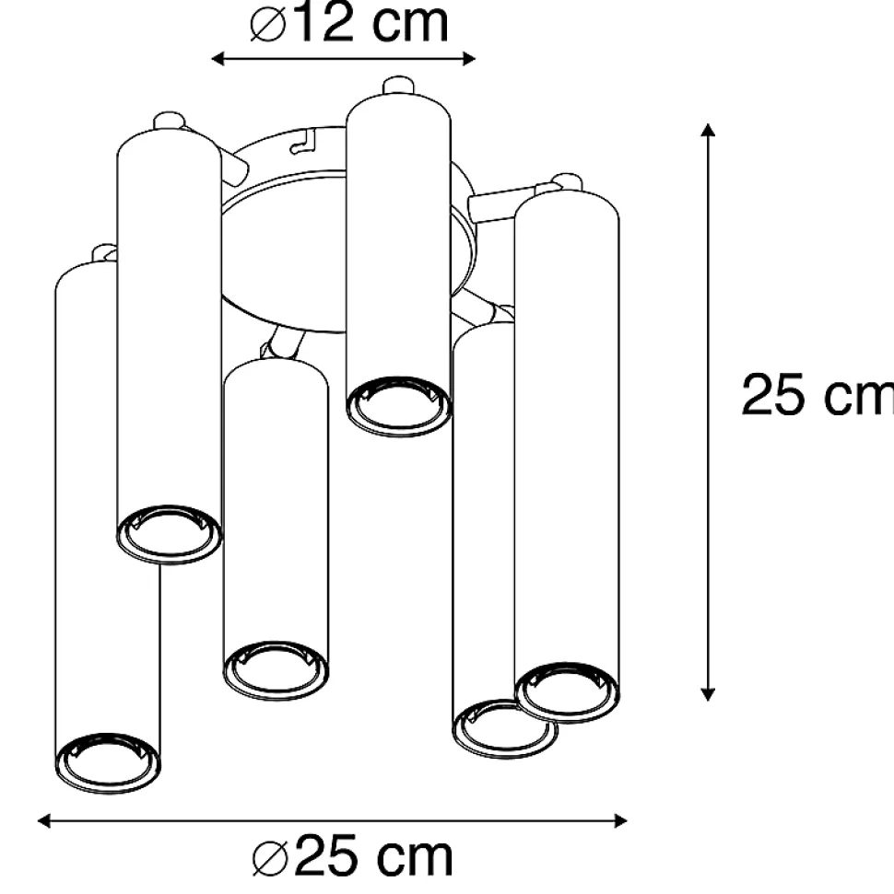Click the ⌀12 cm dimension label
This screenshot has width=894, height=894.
pos(349,23)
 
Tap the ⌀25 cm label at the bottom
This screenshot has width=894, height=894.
pos(353,856)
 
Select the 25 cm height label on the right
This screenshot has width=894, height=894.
pos(818,395)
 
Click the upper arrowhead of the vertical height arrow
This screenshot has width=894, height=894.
pos(708,130)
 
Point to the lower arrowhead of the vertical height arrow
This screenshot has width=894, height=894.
pos(708,694)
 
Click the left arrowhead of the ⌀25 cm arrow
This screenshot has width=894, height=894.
pos(44,821)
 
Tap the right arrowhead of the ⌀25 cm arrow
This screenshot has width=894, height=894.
pos(620,821)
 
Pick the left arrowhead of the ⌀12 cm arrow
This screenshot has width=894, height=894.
pos(218,58)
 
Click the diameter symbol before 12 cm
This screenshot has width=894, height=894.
pos(268,24)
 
